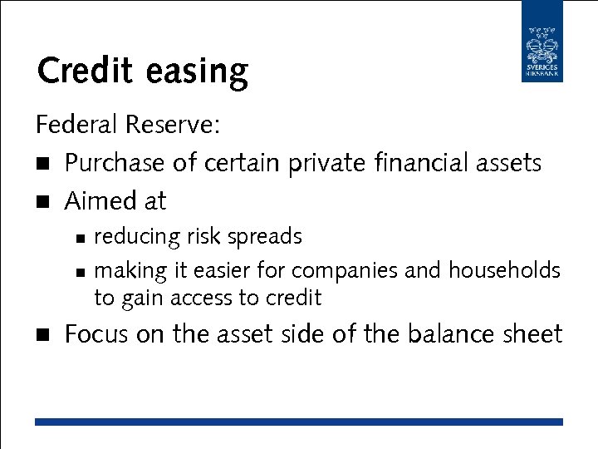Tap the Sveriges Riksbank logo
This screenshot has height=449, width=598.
[x=542, y=42]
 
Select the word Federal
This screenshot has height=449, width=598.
[x=77, y=125]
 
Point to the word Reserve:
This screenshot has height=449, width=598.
[x=174, y=125]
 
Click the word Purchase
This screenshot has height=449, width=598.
[x=115, y=163]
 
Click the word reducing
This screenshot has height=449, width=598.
[x=137, y=238]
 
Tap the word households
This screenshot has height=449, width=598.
[x=504, y=271]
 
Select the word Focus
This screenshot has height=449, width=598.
[x=96, y=334]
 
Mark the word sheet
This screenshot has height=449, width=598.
[x=533, y=334]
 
